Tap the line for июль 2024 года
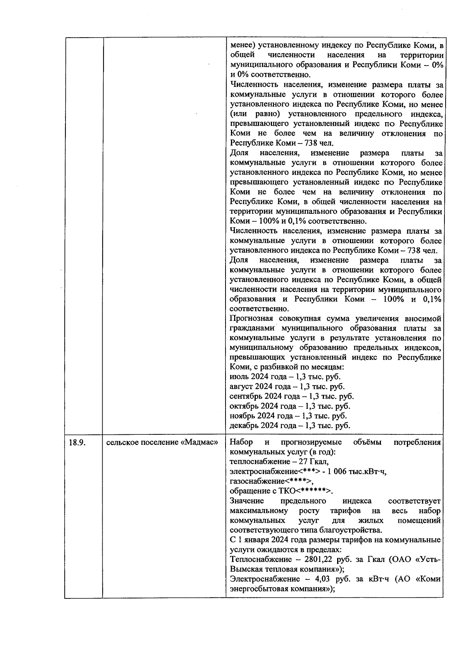[x=285, y=377]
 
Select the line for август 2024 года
[x=287, y=386]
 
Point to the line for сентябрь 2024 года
[x=291, y=396]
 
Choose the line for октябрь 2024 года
[x=289, y=406]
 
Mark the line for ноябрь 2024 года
[x=288, y=416]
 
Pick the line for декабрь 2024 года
[x=289, y=425]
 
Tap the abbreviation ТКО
[x=288, y=491]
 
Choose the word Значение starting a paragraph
[x=247, y=501]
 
